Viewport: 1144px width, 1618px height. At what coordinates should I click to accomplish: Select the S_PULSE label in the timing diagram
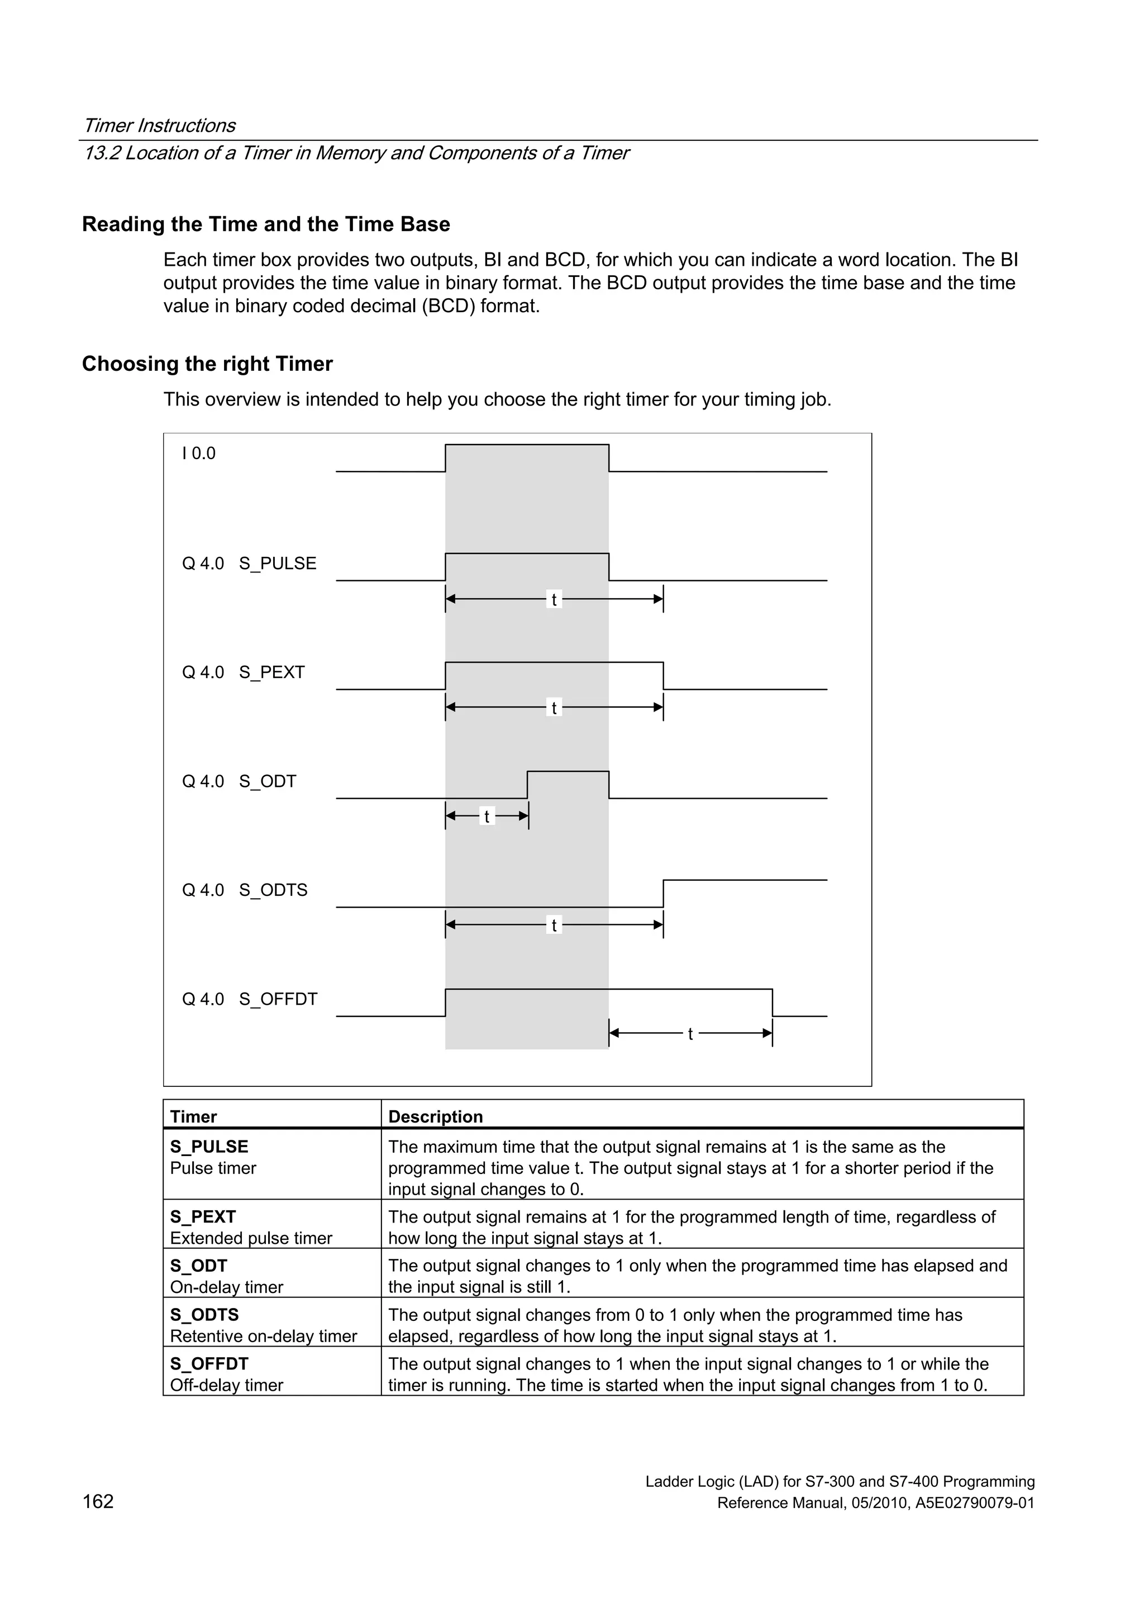[277, 563]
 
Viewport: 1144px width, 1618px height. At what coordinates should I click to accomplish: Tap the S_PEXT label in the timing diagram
[271, 672]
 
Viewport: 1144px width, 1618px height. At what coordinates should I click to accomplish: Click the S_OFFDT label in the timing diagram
[278, 999]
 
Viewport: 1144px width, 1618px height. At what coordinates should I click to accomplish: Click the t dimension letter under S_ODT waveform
[487, 817]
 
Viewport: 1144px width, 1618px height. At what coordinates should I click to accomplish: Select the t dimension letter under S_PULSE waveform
[554, 600]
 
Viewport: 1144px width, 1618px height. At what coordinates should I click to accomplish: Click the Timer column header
[193, 1116]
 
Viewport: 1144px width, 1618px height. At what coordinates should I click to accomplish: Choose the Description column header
[435, 1116]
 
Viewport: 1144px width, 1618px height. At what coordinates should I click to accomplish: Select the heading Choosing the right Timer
[207, 364]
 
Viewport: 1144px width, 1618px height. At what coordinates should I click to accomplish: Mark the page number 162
[98, 1501]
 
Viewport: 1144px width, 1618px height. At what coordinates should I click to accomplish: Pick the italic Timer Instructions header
[159, 126]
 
